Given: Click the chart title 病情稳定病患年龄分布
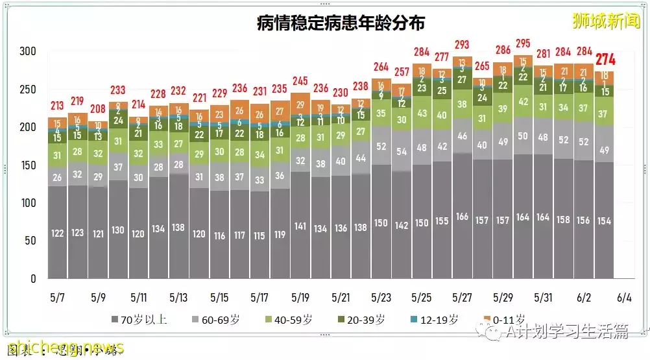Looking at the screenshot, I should pos(341,24).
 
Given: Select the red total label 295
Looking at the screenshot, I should pos(524,44).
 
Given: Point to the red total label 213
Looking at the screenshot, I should pos(58,106).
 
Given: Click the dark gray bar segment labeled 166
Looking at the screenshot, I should pos(463,217).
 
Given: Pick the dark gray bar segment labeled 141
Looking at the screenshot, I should pos(300,226).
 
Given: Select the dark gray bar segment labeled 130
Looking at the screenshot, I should pos(119,230).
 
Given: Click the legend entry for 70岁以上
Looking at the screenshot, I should pos(139,320).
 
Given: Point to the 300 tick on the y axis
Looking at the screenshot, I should pos(28,52).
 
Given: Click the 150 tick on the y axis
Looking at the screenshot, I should pos(28,165).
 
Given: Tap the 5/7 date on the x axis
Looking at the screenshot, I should pos(58,298).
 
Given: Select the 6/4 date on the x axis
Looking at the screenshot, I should pos(624,298).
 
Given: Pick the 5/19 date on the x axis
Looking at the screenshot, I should pos(300,298).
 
